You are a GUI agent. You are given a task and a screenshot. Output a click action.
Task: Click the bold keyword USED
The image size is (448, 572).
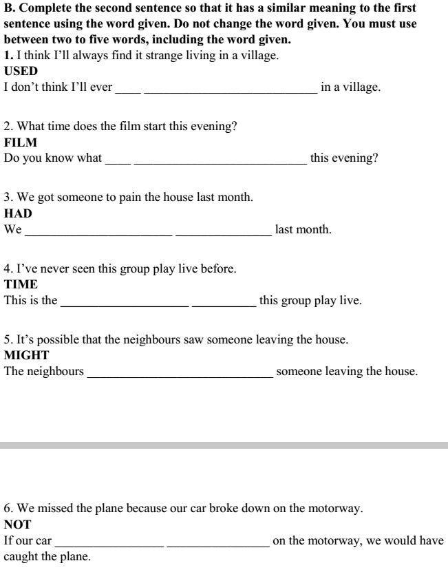tap(21, 71)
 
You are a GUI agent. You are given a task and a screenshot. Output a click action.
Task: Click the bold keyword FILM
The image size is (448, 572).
tap(20, 142)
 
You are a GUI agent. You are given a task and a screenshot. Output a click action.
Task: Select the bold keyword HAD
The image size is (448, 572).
tap(18, 213)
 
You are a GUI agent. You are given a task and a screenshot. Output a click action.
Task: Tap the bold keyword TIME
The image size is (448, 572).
tap(21, 284)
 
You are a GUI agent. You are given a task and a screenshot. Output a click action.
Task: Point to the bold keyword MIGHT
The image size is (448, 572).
tap(26, 355)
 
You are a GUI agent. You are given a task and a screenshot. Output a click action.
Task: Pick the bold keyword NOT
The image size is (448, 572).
tap(17, 525)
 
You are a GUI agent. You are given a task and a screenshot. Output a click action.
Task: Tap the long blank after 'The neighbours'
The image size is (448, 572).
tap(180, 376)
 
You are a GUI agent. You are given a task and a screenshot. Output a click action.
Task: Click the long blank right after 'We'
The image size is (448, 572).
tap(98, 234)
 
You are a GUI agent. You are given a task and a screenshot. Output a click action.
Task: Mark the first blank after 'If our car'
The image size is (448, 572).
tap(109, 545)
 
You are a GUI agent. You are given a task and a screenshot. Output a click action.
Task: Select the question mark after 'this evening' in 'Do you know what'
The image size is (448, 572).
tap(375, 158)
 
